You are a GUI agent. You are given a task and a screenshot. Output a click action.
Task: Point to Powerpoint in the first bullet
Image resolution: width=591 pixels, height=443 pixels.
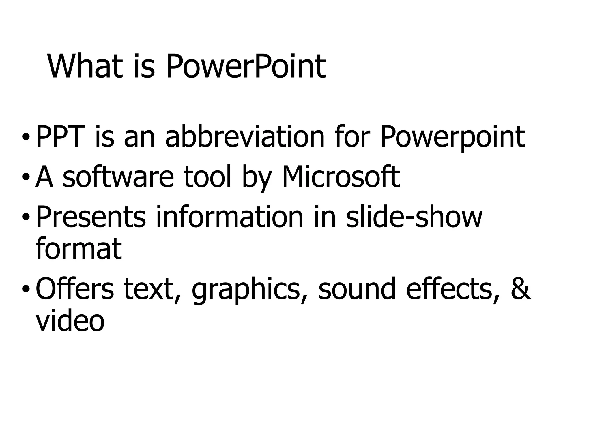[x=452, y=137]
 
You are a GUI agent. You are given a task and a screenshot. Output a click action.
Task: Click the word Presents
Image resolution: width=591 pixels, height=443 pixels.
[x=91, y=217]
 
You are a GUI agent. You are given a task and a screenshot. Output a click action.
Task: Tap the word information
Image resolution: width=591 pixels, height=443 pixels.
[x=230, y=217]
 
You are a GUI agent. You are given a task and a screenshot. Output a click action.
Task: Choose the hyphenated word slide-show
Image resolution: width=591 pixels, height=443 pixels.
[x=414, y=217]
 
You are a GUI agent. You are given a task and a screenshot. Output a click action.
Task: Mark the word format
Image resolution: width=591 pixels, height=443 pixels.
[x=78, y=248]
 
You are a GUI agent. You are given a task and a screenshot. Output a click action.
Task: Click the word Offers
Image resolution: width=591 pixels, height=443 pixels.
[x=75, y=289]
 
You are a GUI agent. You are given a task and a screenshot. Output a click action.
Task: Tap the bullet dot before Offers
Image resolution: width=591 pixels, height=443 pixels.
[x=26, y=289]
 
